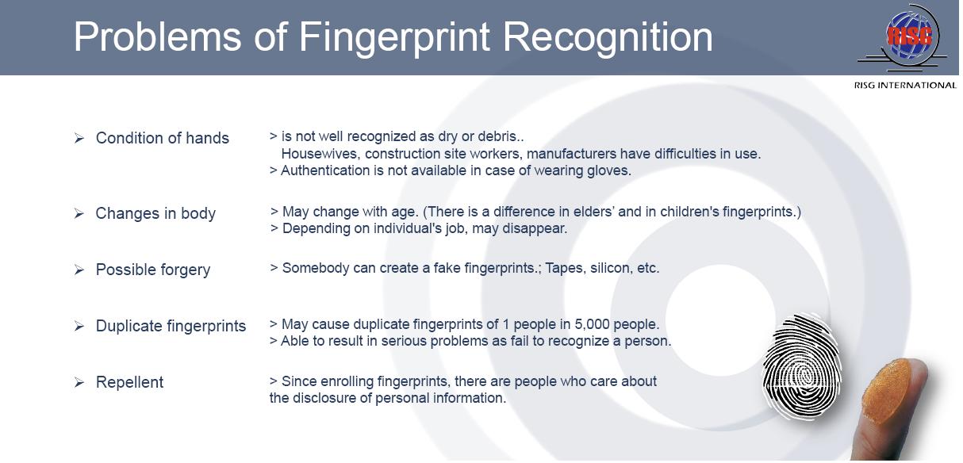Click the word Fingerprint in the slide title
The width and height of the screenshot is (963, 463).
[x=394, y=38]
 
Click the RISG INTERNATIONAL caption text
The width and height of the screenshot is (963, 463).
[x=905, y=85]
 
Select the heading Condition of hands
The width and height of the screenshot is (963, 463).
[x=162, y=138]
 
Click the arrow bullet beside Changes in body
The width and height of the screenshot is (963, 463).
[x=79, y=213]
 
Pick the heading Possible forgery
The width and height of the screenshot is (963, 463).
[x=152, y=270]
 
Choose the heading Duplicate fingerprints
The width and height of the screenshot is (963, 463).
[x=171, y=326]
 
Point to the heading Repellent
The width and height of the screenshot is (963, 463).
[x=129, y=382]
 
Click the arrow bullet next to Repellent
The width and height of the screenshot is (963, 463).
[x=79, y=382]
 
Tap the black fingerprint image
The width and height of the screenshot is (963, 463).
[x=802, y=367]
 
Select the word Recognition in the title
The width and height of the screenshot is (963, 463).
[x=608, y=38]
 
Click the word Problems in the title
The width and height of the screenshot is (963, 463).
[x=157, y=37]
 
